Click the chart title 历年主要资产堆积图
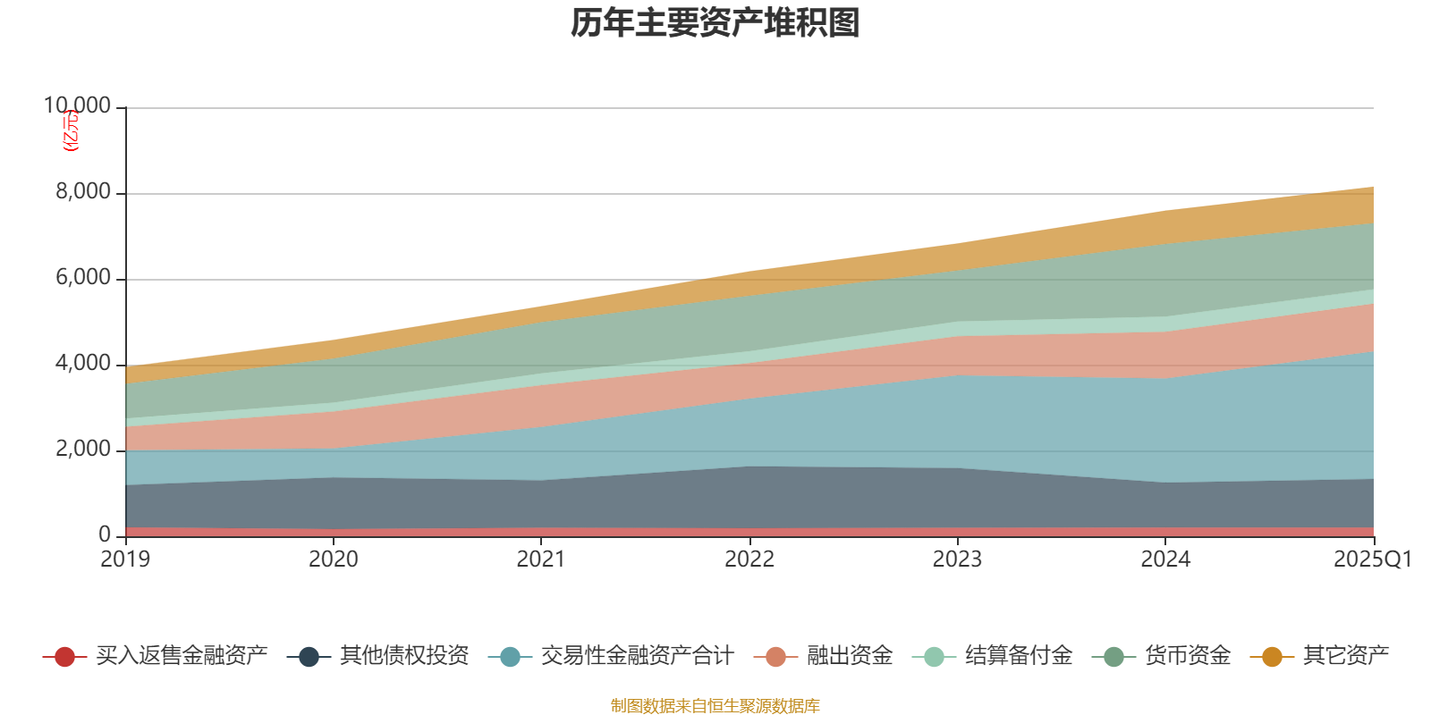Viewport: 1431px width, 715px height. click(715, 23)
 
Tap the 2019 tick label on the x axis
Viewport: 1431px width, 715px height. click(125, 559)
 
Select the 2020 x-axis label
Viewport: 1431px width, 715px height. click(333, 559)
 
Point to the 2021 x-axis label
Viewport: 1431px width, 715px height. click(541, 559)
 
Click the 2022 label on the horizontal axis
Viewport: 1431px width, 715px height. click(749, 559)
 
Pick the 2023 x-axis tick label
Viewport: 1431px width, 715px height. click(957, 559)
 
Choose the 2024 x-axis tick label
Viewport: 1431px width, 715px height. click(1165, 559)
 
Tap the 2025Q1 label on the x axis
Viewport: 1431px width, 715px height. click(1372, 559)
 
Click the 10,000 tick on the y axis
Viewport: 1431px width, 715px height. click(78, 106)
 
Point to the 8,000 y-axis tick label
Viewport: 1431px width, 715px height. click(83, 192)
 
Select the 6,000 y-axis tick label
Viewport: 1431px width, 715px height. click(83, 278)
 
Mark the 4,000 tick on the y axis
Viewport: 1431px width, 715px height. click(83, 364)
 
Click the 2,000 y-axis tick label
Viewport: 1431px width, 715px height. click(83, 450)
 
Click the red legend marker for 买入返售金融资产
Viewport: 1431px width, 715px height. click(64, 657)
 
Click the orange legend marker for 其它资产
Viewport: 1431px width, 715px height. click(1271, 657)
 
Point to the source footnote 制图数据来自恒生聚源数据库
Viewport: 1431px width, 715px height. click(715, 706)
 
